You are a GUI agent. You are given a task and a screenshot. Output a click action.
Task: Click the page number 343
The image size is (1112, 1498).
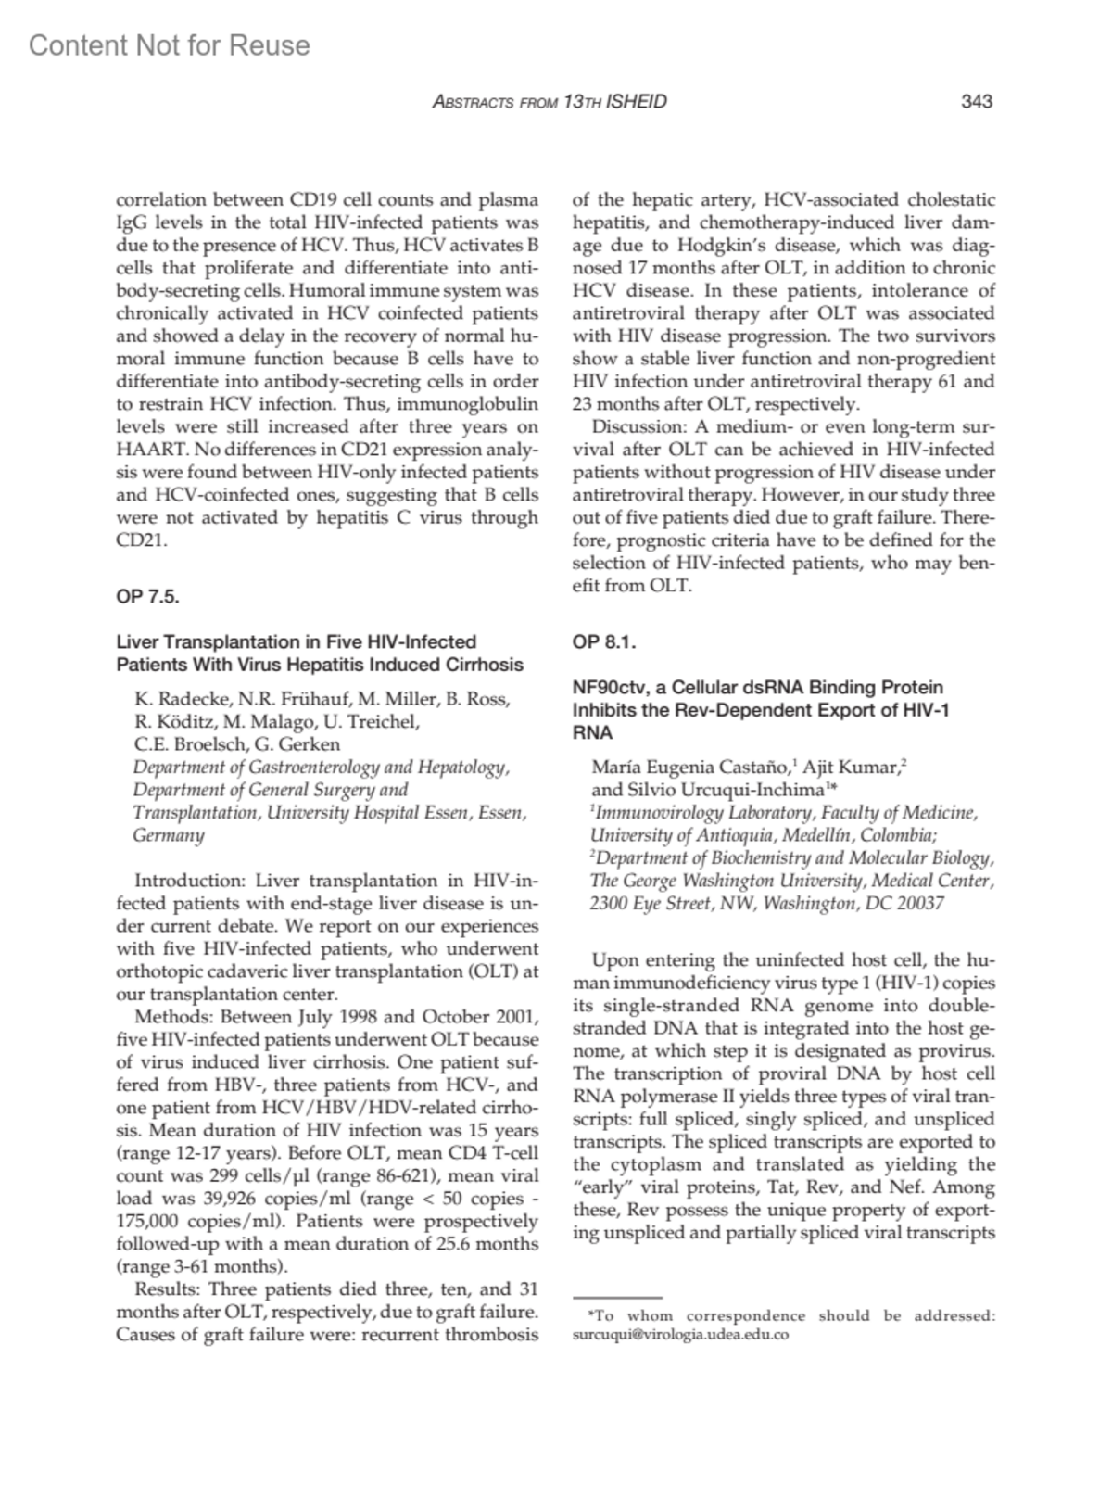(x=977, y=101)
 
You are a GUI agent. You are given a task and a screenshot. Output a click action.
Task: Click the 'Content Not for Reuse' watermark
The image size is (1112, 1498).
(x=170, y=45)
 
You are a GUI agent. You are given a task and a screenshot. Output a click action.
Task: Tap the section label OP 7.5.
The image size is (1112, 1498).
(x=147, y=596)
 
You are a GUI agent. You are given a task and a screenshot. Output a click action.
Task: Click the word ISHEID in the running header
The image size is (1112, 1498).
(x=636, y=101)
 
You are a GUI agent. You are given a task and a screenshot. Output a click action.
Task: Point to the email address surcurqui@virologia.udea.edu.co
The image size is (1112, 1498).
(x=681, y=1335)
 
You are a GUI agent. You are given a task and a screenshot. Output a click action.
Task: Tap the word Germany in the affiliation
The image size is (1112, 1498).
(x=169, y=835)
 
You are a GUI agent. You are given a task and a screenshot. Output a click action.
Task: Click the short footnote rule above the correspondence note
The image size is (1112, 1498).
(x=617, y=1298)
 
